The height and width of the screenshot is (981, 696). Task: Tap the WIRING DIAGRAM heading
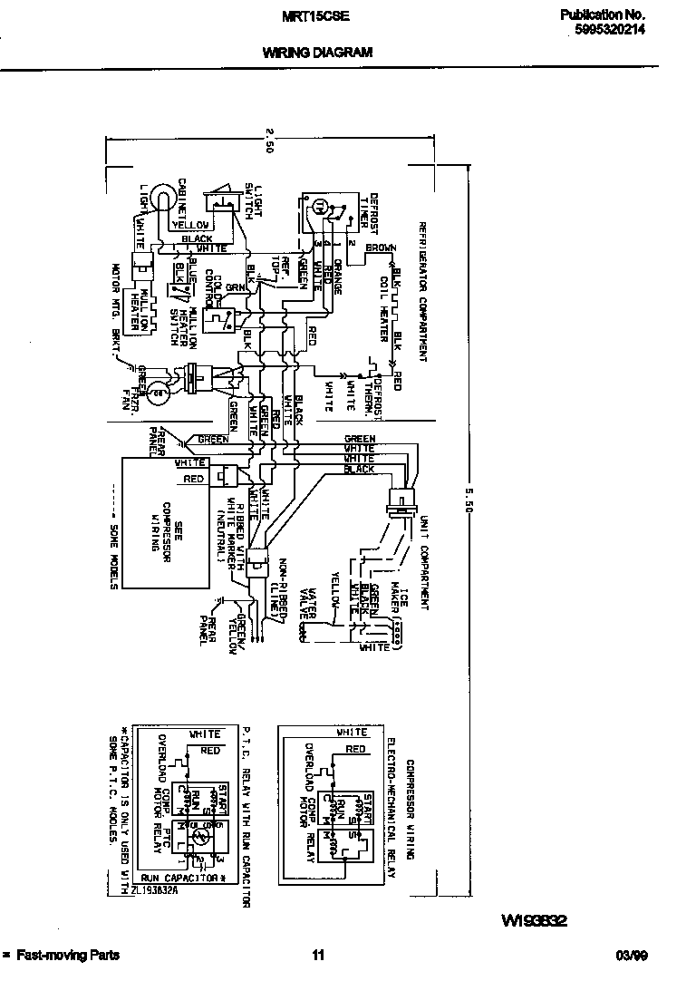tap(317, 53)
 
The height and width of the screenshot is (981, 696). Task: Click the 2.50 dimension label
tap(269, 141)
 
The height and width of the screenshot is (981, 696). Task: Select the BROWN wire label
tap(382, 248)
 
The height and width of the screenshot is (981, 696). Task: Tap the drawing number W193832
tap(534, 921)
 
